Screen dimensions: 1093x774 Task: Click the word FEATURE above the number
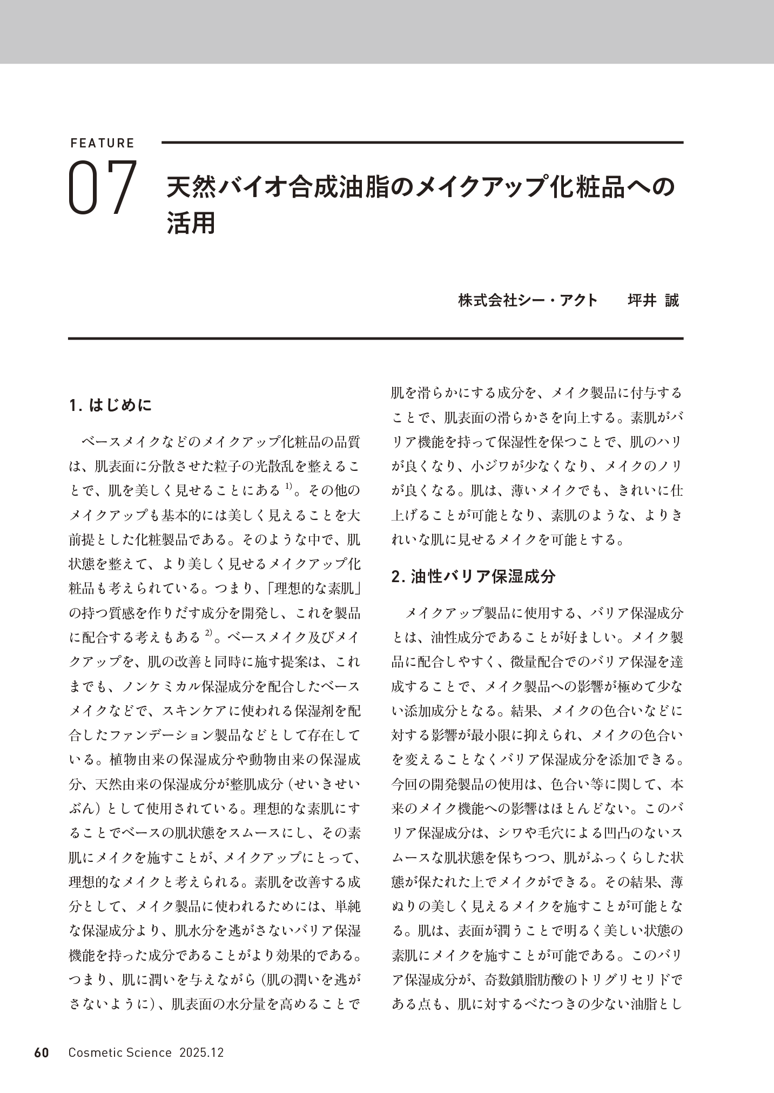[103, 143]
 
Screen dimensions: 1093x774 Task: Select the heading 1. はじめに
[111, 405]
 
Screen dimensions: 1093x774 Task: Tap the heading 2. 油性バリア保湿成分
[473, 576]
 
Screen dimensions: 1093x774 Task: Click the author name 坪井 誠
[653, 300]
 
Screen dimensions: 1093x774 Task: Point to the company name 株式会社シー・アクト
[528, 300]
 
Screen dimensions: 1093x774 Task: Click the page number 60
[42, 1052]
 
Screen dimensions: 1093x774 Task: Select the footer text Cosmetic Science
[120, 1052]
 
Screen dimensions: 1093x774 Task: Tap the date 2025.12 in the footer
[201, 1052]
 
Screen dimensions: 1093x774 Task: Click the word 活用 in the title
[191, 223]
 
